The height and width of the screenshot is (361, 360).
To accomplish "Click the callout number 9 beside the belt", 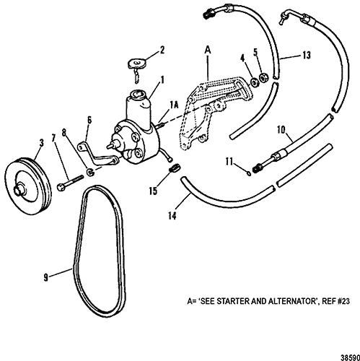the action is click(46, 278).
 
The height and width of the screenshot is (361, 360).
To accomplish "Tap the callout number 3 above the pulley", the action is click(42, 143).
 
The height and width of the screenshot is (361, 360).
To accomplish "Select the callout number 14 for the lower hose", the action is click(172, 216).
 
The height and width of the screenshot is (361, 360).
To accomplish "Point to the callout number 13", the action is click(307, 55).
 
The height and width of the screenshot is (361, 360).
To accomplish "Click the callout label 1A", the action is click(175, 105).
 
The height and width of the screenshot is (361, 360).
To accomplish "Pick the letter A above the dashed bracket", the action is click(208, 50).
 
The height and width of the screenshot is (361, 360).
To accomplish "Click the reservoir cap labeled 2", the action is click(136, 64).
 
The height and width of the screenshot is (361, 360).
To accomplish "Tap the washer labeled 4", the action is click(253, 82).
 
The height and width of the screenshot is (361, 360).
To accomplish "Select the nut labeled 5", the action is click(263, 77).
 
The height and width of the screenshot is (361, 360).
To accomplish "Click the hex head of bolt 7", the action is click(61, 187).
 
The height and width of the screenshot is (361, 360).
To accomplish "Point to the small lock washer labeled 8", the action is click(90, 173).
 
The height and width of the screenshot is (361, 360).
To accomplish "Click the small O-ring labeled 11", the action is click(249, 173).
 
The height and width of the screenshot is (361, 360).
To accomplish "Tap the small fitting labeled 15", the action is click(175, 168).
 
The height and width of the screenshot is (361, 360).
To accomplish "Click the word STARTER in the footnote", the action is click(233, 301).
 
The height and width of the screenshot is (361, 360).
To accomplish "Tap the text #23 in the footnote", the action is click(343, 301).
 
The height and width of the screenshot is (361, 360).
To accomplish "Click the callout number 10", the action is click(281, 130).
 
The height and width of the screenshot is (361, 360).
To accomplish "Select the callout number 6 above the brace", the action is click(89, 121).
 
